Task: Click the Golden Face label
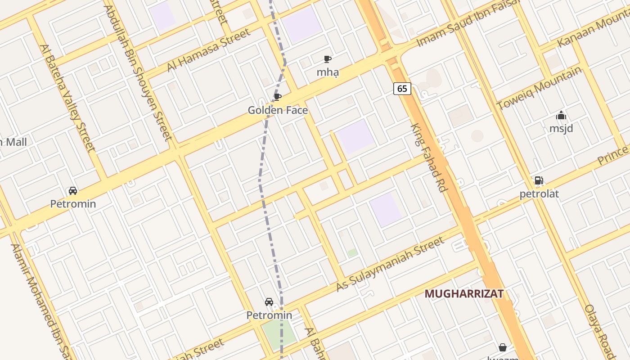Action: (278, 110)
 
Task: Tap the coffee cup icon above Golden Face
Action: (278, 97)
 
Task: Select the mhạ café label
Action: (328, 72)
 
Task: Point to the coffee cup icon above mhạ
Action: (328, 59)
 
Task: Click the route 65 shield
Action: (402, 89)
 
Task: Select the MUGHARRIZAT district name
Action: (464, 294)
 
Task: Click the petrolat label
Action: (539, 194)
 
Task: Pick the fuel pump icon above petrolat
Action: (539, 181)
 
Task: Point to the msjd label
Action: (561, 129)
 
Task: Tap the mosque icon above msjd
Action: (561, 116)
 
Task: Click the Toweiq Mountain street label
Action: (540, 89)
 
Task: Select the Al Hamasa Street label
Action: (208, 50)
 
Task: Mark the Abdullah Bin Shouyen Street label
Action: (138, 72)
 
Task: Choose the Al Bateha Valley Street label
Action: (67, 98)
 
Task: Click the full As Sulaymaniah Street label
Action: (390, 264)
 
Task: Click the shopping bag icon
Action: (503, 347)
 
